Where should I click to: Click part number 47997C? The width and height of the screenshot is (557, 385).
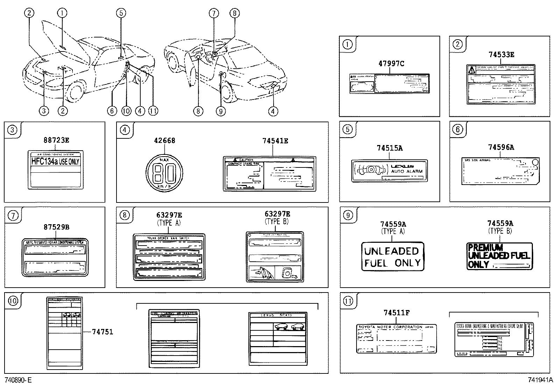click(x=391, y=63)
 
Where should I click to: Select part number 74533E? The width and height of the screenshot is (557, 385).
click(x=501, y=55)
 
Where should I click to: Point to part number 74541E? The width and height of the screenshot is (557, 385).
click(x=275, y=141)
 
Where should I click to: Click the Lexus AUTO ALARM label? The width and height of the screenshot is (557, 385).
click(x=389, y=171)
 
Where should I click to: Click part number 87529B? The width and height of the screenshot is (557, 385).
click(x=56, y=227)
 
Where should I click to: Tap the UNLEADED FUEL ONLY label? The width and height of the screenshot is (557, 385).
click(x=392, y=256)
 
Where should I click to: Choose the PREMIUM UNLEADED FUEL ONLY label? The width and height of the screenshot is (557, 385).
click(x=500, y=256)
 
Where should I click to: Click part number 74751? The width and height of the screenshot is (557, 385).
click(x=102, y=331)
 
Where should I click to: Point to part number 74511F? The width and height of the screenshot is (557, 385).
click(x=396, y=313)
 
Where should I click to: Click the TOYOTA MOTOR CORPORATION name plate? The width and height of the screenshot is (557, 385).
click(x=396, y=338)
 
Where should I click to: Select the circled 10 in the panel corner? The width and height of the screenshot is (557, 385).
click(x=13, y=301)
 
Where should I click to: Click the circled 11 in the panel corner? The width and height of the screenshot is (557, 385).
click(x=348, y=301)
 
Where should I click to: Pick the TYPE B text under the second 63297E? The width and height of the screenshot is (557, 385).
click(x=277, y=221)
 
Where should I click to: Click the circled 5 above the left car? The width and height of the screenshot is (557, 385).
click(x=120, y=13)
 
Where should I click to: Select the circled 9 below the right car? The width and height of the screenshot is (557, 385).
click(x=220, y=111)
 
